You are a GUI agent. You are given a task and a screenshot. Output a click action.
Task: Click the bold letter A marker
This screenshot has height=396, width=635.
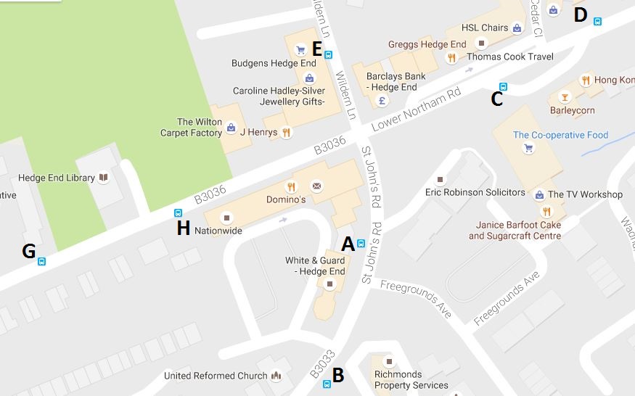(x=348, y=244)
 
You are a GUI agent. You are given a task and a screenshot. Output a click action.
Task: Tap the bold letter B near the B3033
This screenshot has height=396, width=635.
(x=337, y=374)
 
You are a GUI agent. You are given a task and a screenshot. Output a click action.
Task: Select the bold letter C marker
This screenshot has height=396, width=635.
(x=496, y=99)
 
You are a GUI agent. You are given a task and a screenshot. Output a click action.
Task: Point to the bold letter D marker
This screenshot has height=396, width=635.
(x=580, y=15)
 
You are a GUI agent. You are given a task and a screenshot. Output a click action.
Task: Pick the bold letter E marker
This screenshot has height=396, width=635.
(x=316, y=49)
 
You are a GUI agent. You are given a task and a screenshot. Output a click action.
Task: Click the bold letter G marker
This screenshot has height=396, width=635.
(x=29, y=251)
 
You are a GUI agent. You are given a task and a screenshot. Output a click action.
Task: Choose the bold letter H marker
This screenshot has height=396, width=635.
(x=184, y=228)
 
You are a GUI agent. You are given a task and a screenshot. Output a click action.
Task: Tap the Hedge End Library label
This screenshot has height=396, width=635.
(x=57, y=178)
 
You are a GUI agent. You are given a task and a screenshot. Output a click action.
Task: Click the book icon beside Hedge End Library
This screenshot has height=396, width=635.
(x=104, y=178)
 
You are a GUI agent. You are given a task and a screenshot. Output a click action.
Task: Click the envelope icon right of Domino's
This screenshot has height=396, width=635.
(x=316, y=186)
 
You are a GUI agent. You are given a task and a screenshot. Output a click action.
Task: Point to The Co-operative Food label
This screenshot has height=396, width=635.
(x=560, y=135)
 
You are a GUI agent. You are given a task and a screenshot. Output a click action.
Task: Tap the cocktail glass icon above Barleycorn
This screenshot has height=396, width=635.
(x=564, y=96)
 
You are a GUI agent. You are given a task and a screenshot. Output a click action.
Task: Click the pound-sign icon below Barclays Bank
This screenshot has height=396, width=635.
(x=382, y=101)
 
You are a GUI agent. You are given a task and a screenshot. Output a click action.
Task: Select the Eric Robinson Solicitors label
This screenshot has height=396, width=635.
(x=475, y=192)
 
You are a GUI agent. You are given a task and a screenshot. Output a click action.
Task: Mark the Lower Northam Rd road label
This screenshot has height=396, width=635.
(x=416, y=111)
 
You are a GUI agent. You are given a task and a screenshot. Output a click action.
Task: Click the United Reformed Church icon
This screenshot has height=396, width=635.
(x=276, y=376)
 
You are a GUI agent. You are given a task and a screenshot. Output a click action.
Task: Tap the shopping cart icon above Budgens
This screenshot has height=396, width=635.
(x=300, y=49)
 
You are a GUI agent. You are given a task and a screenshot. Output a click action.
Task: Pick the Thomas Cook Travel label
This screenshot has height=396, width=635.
(x=509, y=57)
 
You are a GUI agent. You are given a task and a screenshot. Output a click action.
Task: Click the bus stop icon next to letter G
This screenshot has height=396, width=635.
(x=42, y=262)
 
